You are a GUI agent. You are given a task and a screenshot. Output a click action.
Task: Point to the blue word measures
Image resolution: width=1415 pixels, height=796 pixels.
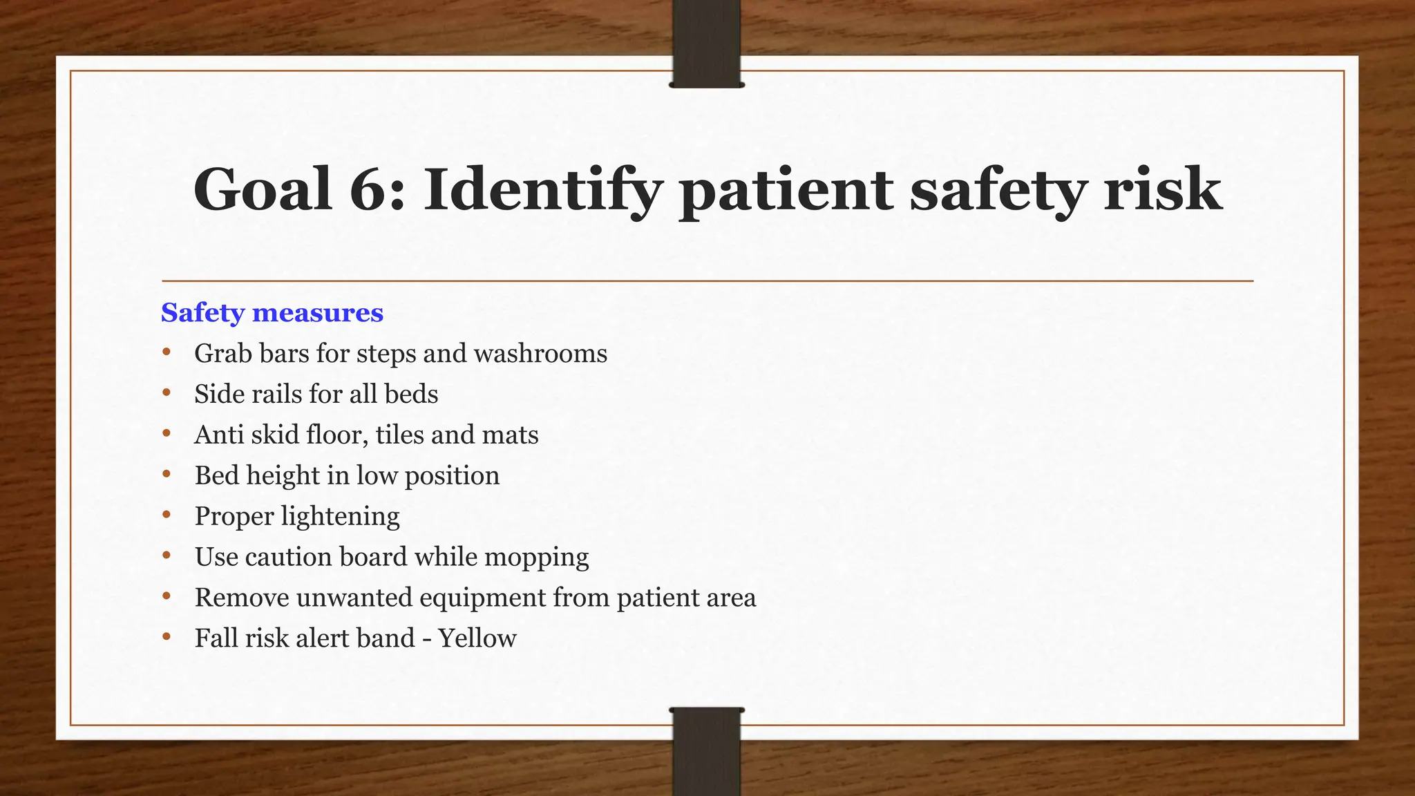[318, 313]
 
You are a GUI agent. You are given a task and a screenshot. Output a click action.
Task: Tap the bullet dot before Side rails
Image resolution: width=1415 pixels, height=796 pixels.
[167, 393]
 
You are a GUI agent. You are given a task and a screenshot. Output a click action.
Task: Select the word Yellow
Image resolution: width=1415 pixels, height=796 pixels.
[477, 638]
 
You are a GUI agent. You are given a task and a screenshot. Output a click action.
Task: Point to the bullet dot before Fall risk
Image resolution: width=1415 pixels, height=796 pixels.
[167, 637]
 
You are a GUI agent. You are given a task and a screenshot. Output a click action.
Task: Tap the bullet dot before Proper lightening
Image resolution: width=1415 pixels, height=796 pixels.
[167, 515]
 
